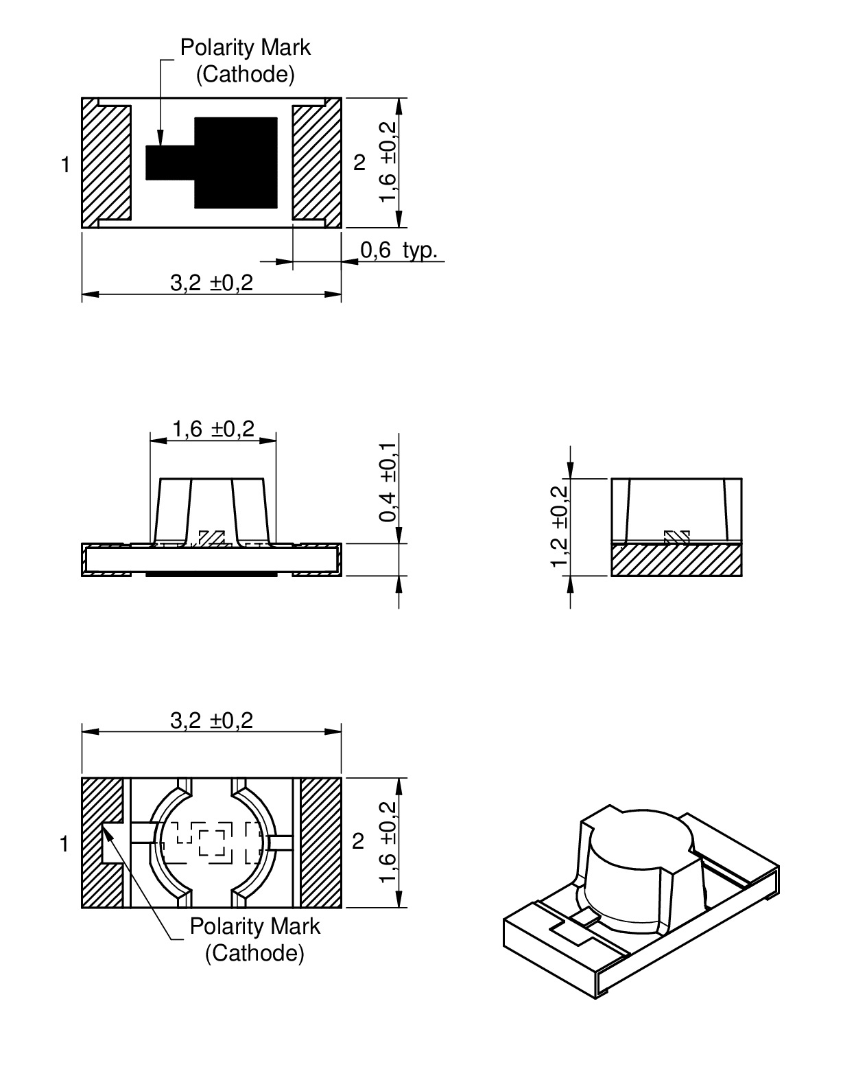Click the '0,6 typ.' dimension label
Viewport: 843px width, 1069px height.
point(398,250)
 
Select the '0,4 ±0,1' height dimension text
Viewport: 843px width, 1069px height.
point(388,482)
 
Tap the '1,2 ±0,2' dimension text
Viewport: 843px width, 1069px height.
point(560,526)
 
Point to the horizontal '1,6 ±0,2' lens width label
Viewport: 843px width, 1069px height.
point(213,430)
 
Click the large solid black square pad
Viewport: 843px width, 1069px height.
point(236,163)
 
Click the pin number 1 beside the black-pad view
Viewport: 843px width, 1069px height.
point(65,165)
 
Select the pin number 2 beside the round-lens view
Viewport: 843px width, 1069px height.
point(358,842)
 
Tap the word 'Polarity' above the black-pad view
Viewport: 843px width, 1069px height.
point(213,48)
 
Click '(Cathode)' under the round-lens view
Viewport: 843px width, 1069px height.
point(254,953)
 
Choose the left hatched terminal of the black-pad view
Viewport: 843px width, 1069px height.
point(106,163)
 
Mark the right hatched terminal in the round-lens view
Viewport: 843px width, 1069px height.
point(321,842)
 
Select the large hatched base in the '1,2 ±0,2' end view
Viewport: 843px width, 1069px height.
point(676,560)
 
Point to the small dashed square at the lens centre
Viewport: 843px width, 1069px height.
point(211,842)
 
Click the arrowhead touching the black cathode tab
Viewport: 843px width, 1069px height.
point(160,139)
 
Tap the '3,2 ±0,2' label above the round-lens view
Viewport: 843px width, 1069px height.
point(211,720)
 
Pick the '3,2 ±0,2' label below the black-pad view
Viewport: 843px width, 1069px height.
point(211,283)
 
